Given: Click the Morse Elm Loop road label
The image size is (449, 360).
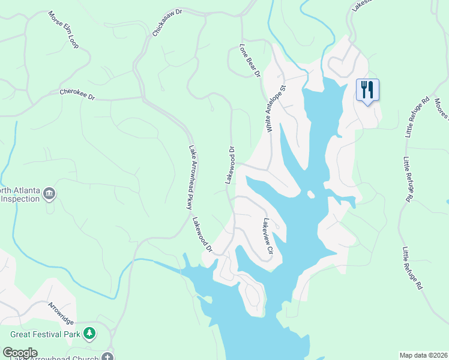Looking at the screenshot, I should coord(63,29).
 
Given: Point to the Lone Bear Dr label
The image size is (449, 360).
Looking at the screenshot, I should coord(250,61).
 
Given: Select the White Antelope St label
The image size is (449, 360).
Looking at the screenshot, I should coord(276,108).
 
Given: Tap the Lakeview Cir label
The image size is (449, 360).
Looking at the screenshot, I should coord(267,236).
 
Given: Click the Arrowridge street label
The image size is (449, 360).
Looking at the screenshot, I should coord(61,313).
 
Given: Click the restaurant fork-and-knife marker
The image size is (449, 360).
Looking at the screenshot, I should coord(367,90).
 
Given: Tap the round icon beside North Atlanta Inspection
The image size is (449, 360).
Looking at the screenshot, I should coord(49,194).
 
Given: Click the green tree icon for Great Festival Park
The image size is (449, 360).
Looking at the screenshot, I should coord(89,332).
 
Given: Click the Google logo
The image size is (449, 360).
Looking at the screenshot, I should coord(20,353).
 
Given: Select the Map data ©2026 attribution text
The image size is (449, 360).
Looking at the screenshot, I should coord(424,355).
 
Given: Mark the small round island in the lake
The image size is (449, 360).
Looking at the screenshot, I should coord(310,194).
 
